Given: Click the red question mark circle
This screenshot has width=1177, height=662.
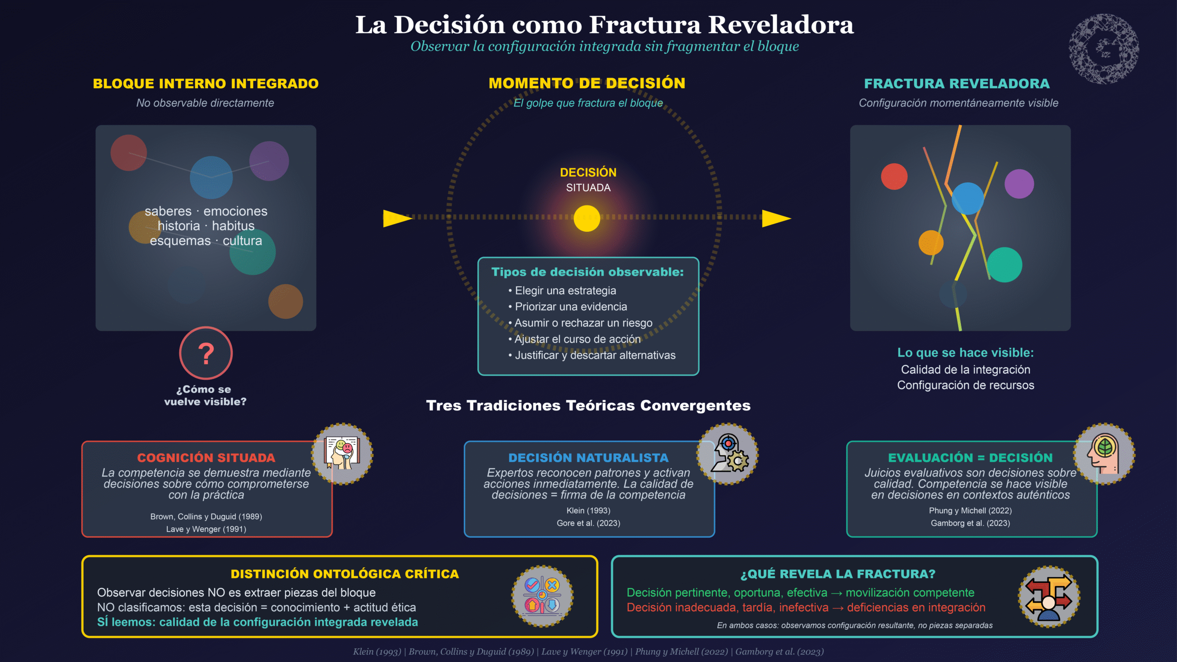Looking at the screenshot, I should (206, 353).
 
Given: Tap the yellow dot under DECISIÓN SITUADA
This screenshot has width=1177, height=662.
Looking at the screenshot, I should (587, 218).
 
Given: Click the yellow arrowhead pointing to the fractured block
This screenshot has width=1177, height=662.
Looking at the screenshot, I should (776, 218).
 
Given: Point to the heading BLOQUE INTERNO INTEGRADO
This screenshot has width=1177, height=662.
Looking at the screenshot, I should (206, 84).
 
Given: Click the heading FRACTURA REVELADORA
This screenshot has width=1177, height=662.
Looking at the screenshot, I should (957, 84).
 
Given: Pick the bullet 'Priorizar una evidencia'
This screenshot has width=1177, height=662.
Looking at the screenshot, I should (571, 307).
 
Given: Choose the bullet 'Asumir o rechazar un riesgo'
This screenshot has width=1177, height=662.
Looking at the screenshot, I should (583, 323).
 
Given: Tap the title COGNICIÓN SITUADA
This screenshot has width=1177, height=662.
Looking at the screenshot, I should (206, 458).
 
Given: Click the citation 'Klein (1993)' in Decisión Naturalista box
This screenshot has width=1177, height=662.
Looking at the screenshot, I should (588, 511).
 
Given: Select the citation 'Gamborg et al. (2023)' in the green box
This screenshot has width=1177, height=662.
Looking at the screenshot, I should (970, 523).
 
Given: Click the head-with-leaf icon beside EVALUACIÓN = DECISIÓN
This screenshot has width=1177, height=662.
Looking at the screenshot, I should (1104, 454).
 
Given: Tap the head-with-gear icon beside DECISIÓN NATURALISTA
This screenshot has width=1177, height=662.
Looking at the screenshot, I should (727, 454).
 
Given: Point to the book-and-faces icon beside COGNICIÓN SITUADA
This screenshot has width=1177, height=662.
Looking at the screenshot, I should (342, 454).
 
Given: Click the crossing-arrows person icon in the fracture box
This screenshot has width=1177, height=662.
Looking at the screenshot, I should (1049, 597).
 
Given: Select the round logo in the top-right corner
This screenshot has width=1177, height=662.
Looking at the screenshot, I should (1104, 49).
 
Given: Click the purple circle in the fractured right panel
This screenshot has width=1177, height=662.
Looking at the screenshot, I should (1019, 184).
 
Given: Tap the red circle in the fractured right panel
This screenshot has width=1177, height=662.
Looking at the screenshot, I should (894, 177).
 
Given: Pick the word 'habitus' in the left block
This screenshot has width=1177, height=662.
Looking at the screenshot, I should (233, 226).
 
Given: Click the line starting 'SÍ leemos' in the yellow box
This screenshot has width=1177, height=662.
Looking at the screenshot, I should (257, 622).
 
